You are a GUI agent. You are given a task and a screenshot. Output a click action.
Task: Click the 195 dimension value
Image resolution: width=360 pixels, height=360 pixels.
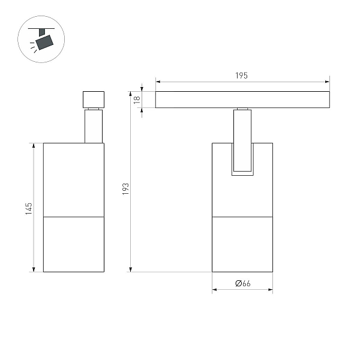click(x=241, y=76)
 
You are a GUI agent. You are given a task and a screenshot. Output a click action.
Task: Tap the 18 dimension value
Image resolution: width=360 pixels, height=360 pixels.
click(x=137, y=100)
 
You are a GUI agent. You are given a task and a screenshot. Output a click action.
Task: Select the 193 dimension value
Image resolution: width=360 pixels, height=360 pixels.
click(x=125, y=189)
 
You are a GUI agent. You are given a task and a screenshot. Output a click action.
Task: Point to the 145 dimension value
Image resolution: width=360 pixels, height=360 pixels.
click(x=29, y=209)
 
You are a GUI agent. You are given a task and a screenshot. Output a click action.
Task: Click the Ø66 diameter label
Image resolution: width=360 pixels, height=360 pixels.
click(x=242, y=283)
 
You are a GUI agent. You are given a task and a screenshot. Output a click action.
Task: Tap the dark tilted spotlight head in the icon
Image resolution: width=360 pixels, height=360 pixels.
click(x=44, y=42)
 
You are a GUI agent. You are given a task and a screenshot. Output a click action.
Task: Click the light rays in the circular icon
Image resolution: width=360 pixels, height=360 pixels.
click(x=34, y=47)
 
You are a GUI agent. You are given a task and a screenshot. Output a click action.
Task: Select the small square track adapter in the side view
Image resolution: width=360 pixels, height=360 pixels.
click(x=94, y=100)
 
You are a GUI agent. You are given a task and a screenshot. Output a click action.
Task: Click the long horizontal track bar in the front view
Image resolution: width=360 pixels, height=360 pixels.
click(x=242, y=100)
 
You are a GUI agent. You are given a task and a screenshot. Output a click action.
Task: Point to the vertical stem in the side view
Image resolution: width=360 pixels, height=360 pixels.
click(x=94, y=126)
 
